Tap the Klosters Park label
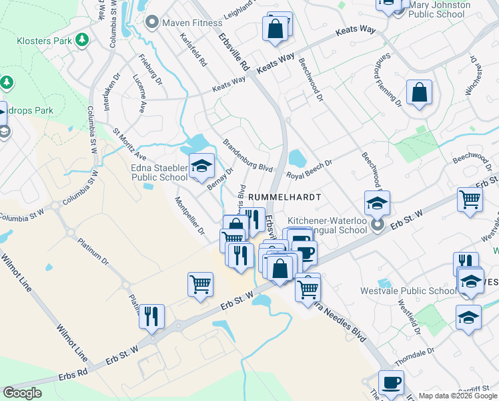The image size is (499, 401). (44, 41)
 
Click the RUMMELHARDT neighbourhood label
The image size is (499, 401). (284, 198)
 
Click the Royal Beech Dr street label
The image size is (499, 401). (309, 168)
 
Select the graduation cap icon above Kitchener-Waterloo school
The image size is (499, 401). (377, 203)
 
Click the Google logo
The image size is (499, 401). (22, 393)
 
